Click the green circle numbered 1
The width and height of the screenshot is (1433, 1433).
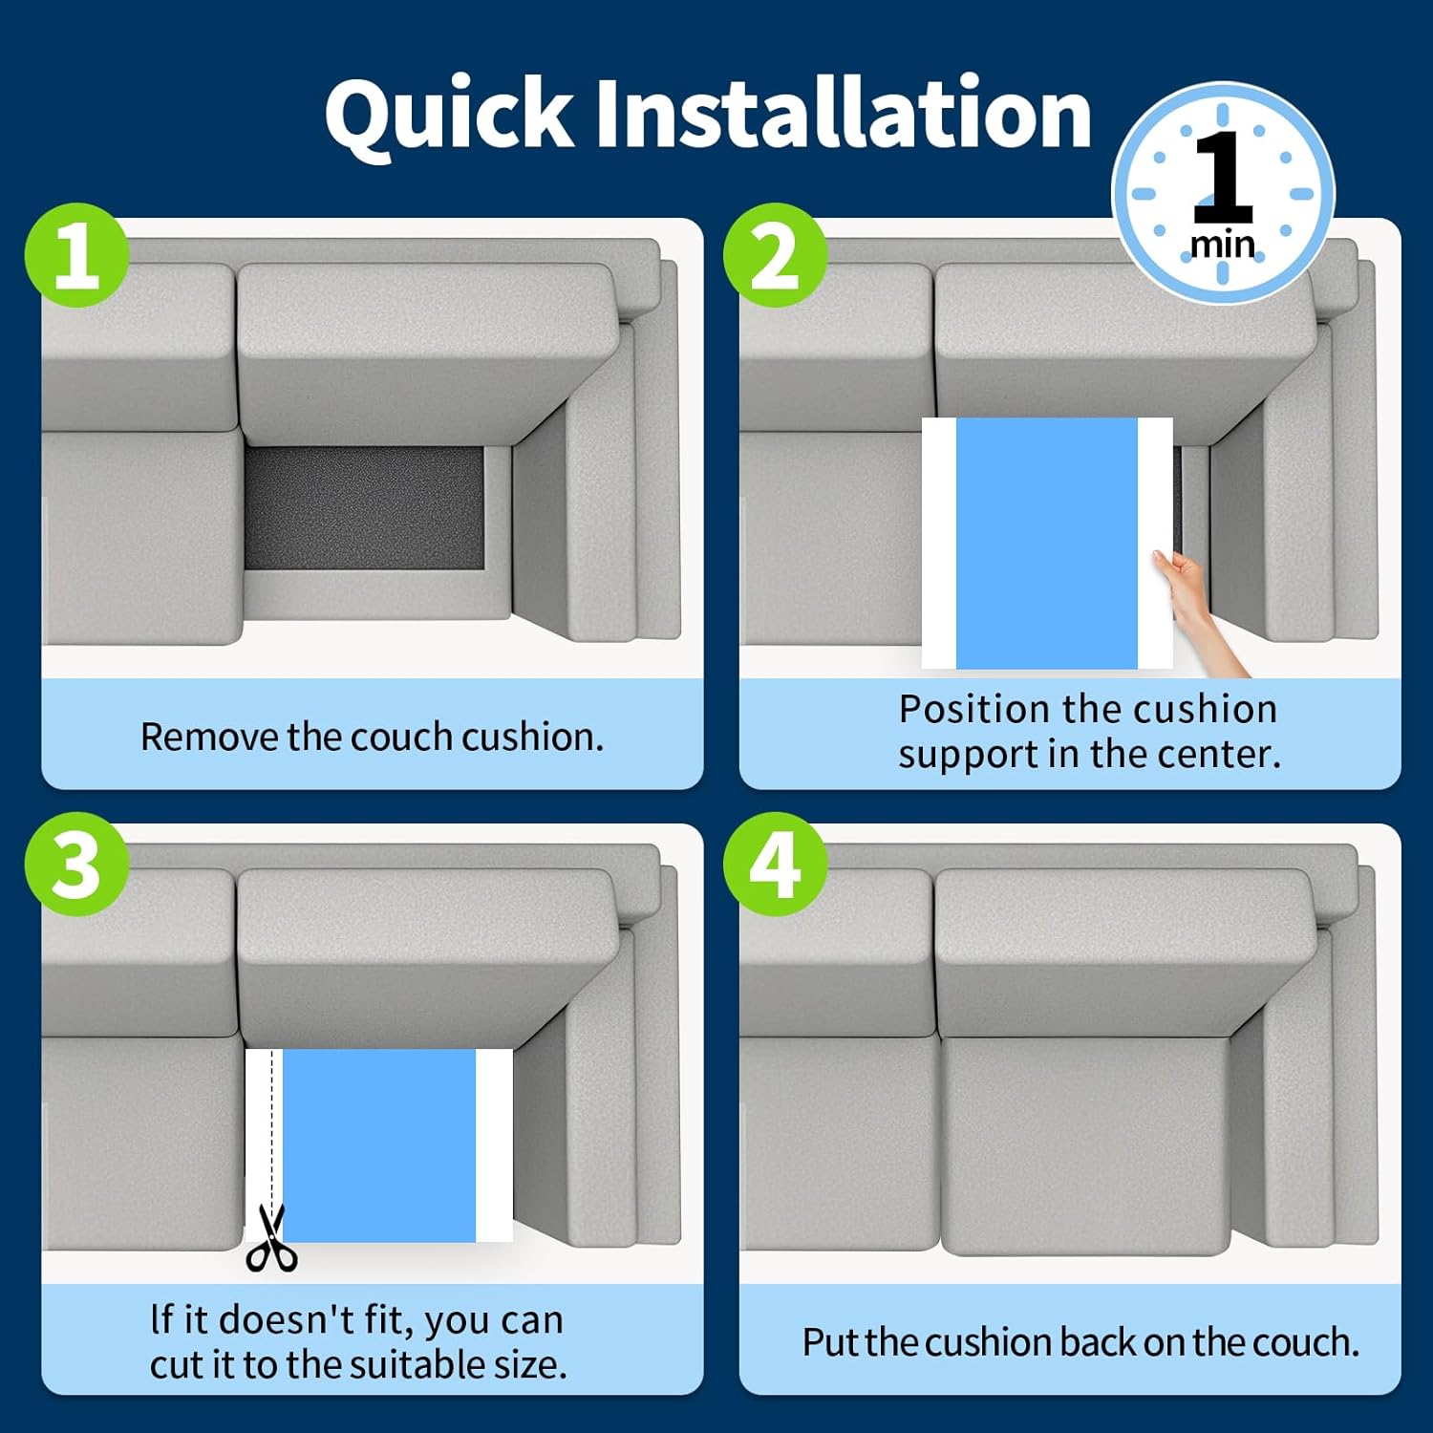point(76,255)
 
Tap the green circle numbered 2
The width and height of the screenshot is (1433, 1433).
point(775,255)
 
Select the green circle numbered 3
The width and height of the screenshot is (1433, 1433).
point(76,865)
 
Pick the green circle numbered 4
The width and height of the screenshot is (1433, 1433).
point(775,865)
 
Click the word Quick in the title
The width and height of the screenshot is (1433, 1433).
point(449,114)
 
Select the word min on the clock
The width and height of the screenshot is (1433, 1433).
point(1223,245)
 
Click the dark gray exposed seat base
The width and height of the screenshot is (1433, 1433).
point(364,508)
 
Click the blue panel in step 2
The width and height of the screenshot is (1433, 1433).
point(1047,543)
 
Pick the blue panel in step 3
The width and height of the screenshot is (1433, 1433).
point(379,1145)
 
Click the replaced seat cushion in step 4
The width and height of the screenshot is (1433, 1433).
point(1084,1145)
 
